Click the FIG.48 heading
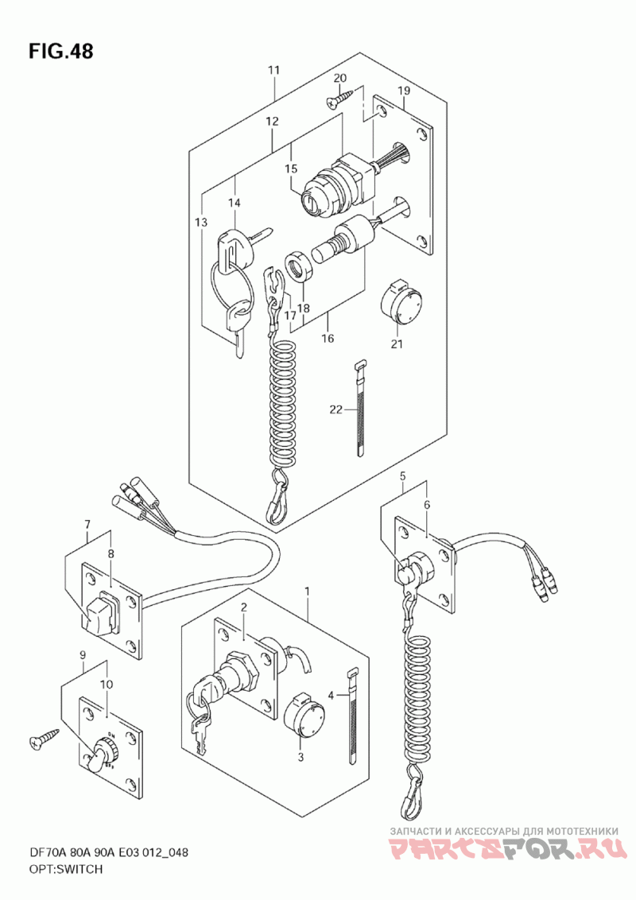coord(61,52)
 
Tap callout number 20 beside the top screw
coord(340,78)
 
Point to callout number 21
coord(397,344)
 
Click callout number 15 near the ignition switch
coord(291,169)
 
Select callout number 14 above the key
coord(234,204)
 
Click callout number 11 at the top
coord(273,71)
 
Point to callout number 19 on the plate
coord(403,91)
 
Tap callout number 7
coord(88,524)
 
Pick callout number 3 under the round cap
coord(301,757)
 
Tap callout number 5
coord(403,476)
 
